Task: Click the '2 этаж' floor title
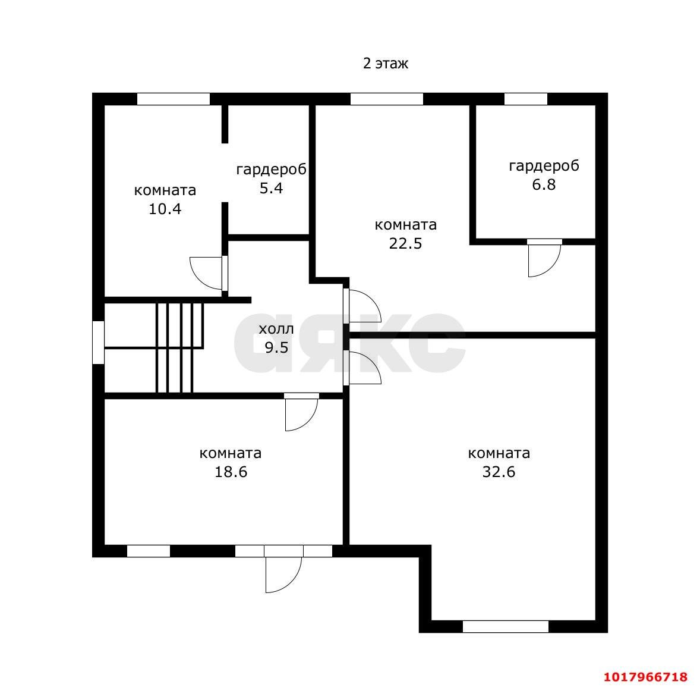pyautogui.click(x=385, y=64)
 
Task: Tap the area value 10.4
pyautogui.click(x=165, y=209)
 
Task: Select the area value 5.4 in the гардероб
pyautogui.click(x=271, y=188)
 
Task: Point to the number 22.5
pyautogui.click(x=405, y=244)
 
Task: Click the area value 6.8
pyautogui.click(x=544, y=184)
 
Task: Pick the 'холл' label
pyautogui.click(x=276, y=330)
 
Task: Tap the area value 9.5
pyautogui.click(x=276, y=348)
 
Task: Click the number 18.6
pyautogui.click(x=231, y=472)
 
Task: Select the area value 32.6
pyautogui.click(x=499, y=472)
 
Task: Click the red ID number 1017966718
pyautogui.click(x=645, y=676)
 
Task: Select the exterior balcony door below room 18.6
pyautogui.click(x=283, y=575)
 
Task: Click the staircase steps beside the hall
pyautogui.click(x=179, y=348)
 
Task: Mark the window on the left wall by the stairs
pyautogui.click(x=98, y=343)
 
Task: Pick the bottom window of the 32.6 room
pyautogui.click(x=505, y=627)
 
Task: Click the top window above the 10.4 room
pyautogui.click(x=173, y=99)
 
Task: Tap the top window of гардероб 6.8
pyautogui.click(x=526, y=99)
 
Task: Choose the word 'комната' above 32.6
pyautogui.click(x=499, y=453)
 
